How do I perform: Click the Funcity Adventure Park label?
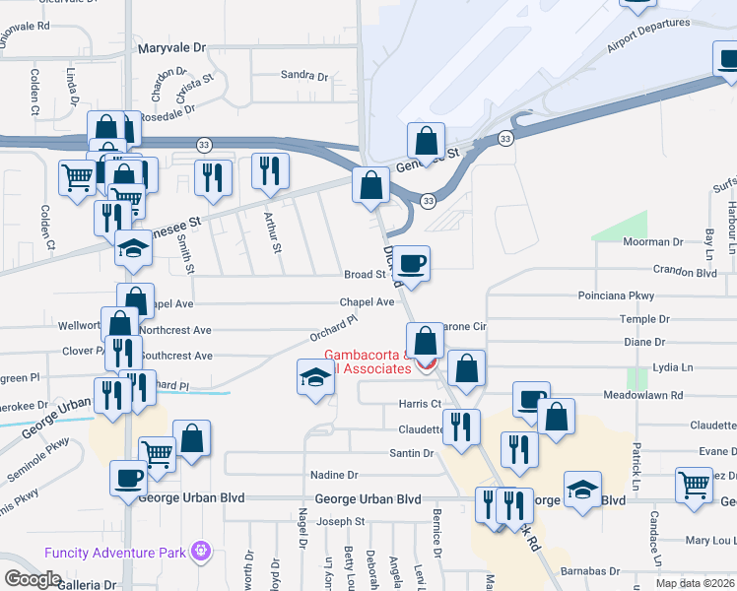[x=116, y=552]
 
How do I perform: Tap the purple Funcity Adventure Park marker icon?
[x=202, y=549]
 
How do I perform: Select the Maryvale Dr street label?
[x=173, y=46]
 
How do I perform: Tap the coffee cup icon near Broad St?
[x=414, y=263]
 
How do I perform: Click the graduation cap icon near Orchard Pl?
[x=315, y=377]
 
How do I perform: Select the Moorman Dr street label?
[x=652, y=241]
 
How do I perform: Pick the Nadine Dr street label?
[x=332, y=475]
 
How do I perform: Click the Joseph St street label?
[x=340, y=521]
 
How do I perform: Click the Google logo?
[x=33, y=578]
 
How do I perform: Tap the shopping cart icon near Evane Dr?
[x=695, y=484]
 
